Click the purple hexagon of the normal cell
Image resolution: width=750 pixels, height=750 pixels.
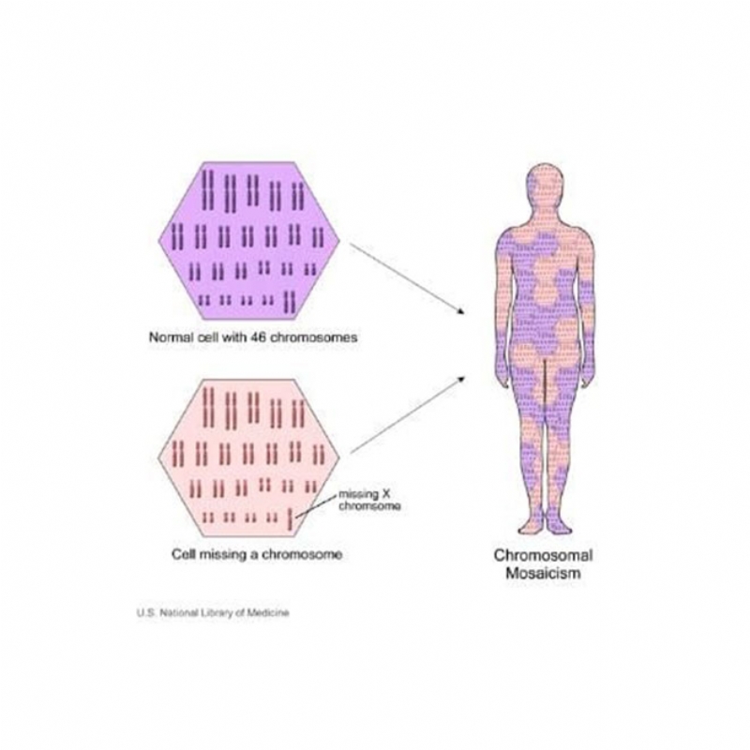pos(249,241)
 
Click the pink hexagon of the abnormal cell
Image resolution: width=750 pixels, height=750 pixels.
pos(249,458)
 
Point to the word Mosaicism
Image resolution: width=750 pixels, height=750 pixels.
pos(544,573)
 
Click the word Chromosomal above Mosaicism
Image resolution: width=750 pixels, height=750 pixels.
pos(544,555)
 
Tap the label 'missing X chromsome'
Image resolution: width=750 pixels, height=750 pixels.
pos(369,501)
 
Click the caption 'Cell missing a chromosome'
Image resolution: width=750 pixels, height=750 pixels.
pos(257,554)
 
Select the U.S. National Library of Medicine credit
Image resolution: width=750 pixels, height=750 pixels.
pos(213,613)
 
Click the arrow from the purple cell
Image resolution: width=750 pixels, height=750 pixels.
pos(408,279)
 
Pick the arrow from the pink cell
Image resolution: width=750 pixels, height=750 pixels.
pos(408,414)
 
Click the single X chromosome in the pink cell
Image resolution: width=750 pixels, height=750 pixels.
pos(290,519)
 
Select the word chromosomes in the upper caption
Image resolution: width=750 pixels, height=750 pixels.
pos(313,337)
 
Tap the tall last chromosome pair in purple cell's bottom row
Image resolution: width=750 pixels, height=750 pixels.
pos(289,302)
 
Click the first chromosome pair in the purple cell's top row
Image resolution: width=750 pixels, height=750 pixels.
pos(208,189)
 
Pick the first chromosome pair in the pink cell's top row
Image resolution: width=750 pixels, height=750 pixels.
pos(208,407)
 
